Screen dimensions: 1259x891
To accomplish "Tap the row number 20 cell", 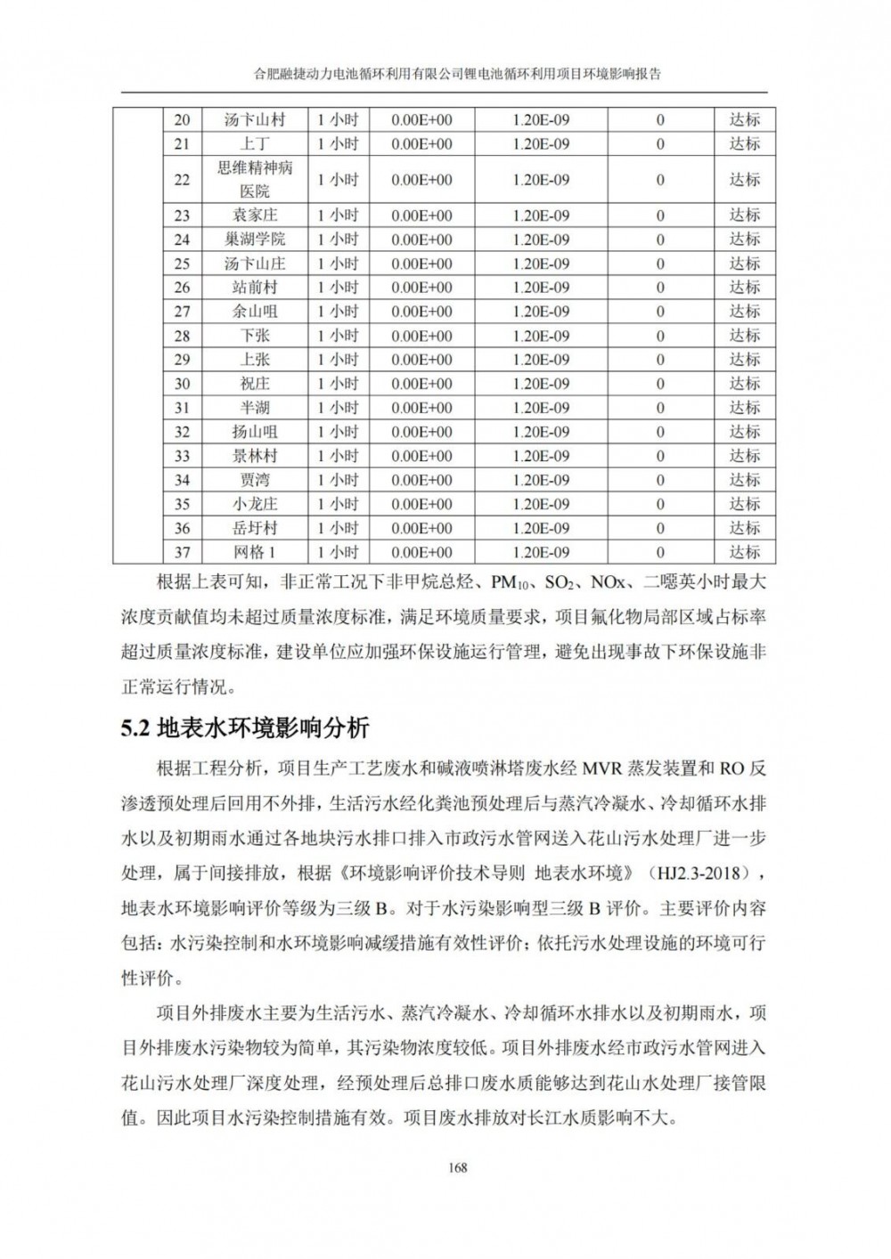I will point(182,120).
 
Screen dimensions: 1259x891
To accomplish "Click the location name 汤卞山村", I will point(255,120).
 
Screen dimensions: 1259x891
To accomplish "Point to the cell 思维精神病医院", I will point(255,180).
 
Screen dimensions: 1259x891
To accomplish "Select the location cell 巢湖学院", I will point(255,240).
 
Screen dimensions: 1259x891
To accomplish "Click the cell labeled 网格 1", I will point(255,552).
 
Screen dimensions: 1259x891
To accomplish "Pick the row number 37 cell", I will point(182,552).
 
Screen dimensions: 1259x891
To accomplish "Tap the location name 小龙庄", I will point(255,504).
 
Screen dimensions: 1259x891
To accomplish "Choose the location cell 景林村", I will point(255,456).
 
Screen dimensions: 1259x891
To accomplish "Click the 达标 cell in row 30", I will point(745,384).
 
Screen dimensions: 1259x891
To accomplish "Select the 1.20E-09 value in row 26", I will point(541,288).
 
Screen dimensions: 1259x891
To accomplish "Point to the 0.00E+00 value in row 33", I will point(421,456).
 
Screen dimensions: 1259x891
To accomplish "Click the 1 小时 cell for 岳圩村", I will point(338,528).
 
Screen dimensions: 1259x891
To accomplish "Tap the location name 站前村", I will point(255,288).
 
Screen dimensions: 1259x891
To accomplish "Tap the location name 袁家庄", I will point(255,215).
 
